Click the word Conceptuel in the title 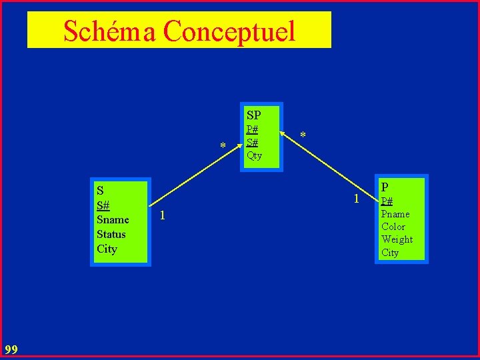(229, 31)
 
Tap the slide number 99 (11, 349)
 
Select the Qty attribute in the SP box (254, 155)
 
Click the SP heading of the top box (253, 115)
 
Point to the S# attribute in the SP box (252, 142)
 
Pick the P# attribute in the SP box (252, 129)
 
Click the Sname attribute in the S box (113, 219)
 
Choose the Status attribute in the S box (111, 234)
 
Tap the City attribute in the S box (107, 249)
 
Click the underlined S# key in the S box (103, 205)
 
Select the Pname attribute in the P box (395, 214)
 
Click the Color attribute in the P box (393, 227)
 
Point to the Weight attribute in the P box (397, 239)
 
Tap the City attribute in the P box (390, 253)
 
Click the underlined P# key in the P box (387, 201)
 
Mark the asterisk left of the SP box (223, 146)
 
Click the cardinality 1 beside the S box (163, 215)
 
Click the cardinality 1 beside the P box (357, 199)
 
